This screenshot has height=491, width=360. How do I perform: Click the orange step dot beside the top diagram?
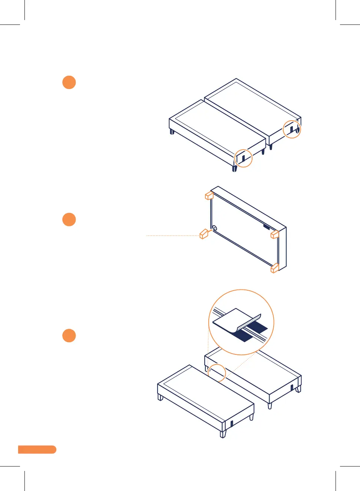[69, 82]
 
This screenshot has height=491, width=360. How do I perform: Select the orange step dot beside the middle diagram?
[69, 219]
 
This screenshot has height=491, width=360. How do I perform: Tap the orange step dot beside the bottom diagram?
[69, 335]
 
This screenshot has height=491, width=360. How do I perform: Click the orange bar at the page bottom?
[37, 449]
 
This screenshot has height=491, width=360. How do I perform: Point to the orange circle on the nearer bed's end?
[244, 158]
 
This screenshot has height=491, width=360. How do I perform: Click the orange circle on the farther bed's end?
[292, 129]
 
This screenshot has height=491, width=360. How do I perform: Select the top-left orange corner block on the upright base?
[209, 195]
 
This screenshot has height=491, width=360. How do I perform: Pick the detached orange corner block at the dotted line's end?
[204, 234]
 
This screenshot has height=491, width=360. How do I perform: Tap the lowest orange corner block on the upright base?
[275, 268]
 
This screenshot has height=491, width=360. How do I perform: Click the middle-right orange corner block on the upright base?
[275, 234]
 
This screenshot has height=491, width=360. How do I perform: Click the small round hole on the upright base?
[214, 228]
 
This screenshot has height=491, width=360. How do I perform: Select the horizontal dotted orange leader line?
[173, 235]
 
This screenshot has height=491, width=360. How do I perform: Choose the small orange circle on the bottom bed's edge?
[217, 373]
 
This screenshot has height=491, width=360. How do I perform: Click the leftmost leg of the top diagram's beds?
[172, 131]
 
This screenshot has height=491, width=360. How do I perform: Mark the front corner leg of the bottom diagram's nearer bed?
[223, 434]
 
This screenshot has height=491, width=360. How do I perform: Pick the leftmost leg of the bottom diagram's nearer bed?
[161, 397]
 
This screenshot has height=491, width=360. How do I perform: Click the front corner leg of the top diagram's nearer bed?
[234, 168]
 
